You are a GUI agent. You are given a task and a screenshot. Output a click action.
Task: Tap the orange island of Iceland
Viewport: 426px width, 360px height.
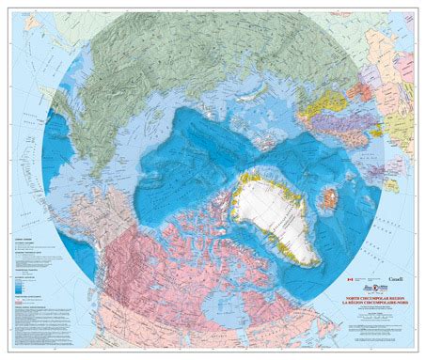[330, 198]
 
